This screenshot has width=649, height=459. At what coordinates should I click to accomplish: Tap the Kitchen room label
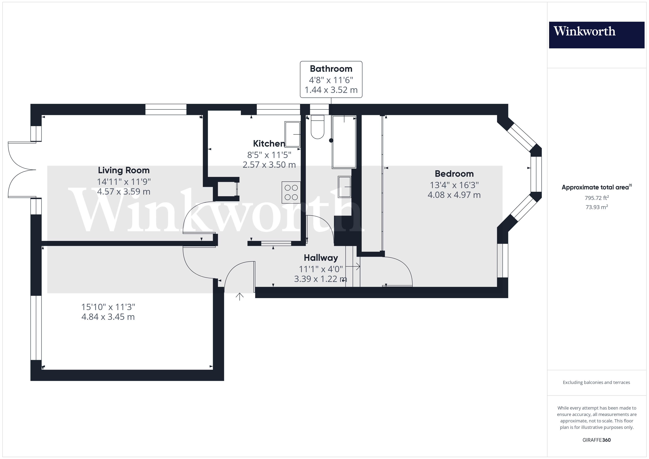[269, 144]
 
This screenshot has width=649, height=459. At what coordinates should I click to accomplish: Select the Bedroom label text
[454, 174]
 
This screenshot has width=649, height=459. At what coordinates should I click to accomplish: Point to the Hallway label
[321, 258]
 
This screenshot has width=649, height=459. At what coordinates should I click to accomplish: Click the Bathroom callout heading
[331, 69]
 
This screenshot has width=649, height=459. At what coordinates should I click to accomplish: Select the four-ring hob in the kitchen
[291, 193]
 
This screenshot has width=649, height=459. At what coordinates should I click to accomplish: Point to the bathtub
[344, 142]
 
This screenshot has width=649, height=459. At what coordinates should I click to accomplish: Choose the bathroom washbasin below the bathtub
[345, 187]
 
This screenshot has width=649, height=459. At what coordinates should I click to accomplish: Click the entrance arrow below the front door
[240, 296]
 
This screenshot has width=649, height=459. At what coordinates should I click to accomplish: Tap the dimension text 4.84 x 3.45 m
[108, 317]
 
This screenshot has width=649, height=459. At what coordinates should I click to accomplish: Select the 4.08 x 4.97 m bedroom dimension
[454, 195]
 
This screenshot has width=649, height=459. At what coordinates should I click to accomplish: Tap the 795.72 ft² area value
[597, 198]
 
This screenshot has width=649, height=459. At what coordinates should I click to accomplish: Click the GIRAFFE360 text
[596, 440]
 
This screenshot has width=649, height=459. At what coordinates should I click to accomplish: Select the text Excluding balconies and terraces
[596, 382]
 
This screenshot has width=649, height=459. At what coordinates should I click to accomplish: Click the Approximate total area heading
[596, 187]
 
